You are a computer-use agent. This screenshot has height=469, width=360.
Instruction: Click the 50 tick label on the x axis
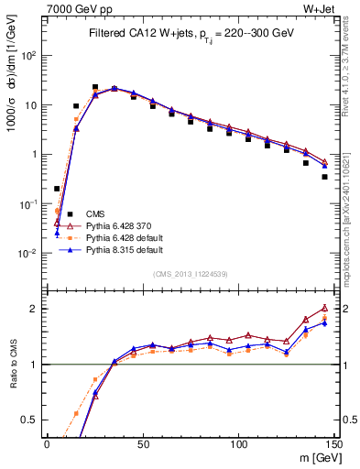(142, 443)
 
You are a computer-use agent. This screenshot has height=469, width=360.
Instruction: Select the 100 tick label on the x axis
(238, 443)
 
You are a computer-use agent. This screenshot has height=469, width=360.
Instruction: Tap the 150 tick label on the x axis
(333, 443)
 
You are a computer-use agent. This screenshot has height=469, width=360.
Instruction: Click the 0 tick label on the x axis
(47, 443)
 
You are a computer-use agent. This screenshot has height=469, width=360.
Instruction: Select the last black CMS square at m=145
(325, 177)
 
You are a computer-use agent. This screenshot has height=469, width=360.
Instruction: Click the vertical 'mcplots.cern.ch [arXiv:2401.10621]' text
(352, 211)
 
